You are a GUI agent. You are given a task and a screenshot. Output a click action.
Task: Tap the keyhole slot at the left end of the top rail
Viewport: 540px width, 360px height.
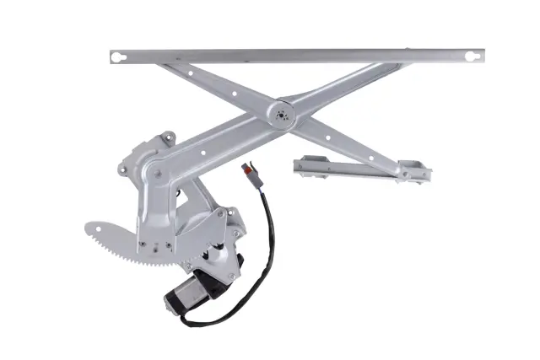pos(120,57)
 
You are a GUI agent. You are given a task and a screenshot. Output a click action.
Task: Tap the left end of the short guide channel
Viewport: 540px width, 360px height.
pos(300,164)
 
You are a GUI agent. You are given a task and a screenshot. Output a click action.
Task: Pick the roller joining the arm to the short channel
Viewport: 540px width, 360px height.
pos(405,173)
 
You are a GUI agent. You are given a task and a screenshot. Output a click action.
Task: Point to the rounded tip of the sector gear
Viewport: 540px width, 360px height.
pos(91,228)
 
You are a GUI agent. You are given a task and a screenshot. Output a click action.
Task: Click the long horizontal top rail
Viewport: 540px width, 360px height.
pos(295,56)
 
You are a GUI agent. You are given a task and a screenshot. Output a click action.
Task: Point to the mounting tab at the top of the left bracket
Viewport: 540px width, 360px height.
pos(168,137)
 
